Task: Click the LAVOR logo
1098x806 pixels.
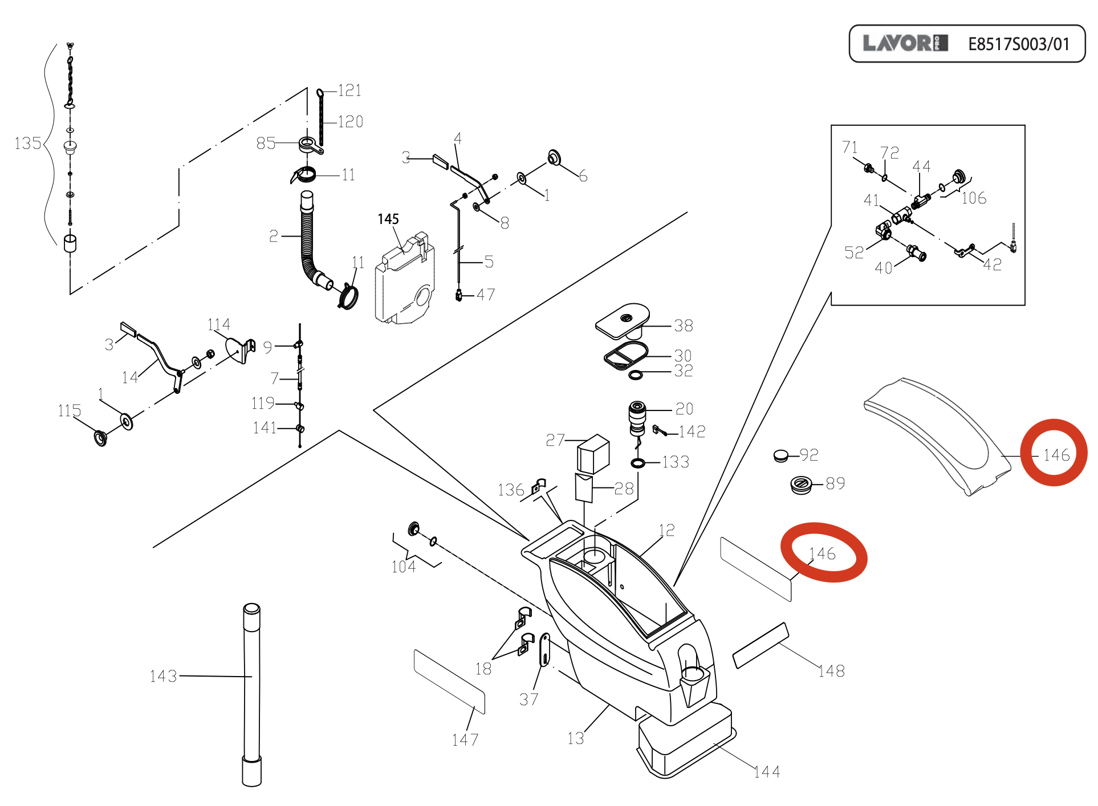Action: [x=905, y=43]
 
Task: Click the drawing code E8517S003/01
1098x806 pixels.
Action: [x=1018, y=44]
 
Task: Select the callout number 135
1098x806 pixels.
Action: [x=27, y=143]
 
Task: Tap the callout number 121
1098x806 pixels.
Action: [x=349, y=91]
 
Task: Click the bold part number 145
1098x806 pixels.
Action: [x=388, y=219]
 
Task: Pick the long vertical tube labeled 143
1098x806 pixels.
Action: [x=251, y=695]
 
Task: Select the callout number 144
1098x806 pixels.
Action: [x=767, y=772]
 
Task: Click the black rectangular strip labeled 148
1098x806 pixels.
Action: [x=761, y=645]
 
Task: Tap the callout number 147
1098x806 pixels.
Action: [x=465, y=740]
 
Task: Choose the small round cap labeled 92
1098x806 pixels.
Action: [x=781, y=455]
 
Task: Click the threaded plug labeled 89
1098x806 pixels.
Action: [x=801, y=485]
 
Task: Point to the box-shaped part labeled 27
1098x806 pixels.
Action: [x=593, y=454]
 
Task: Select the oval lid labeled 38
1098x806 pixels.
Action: [x=623, y=320]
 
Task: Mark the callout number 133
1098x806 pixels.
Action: [x=676, y=462]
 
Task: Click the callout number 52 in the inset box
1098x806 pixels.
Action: [x=854, y=253]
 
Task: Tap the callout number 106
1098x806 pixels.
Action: [x=974, y=198]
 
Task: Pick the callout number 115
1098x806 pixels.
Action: [x=69, y=410]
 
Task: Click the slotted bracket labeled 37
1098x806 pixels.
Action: [x=544, y=650]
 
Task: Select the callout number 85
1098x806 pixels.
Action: [x=266, y=143]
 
